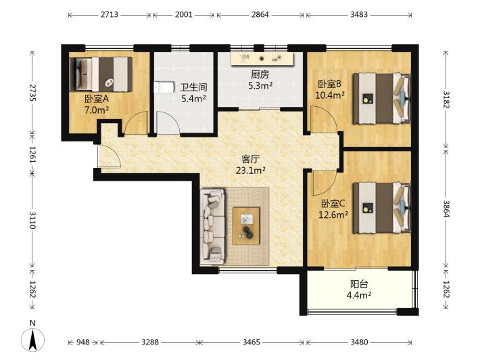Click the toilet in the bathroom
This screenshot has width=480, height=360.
tap(162, 87)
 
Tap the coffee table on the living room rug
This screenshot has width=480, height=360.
tap(246, 226)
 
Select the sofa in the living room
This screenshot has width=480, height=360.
tap(212, 226)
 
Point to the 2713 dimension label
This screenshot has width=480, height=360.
tap(110, 15)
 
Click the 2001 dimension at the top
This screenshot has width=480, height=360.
tap(184, 15)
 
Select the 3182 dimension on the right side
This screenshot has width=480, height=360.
tap(446, 99)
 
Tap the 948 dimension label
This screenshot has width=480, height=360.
tap(83, 342)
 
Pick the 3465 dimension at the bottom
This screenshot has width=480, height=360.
tap(251, 342)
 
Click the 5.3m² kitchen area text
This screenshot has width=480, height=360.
tap(260, 85)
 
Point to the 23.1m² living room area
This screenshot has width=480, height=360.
tap(250, 171)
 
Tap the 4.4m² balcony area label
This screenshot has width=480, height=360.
tap(359, 295)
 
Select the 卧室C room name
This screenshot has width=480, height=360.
tap(333, 204)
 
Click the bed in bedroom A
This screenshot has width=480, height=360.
tap(101, 74)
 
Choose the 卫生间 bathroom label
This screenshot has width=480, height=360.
tap(193, 87)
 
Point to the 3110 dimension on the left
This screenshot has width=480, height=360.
tap(32, 220)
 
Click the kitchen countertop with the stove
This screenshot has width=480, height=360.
tap(262, 59)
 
